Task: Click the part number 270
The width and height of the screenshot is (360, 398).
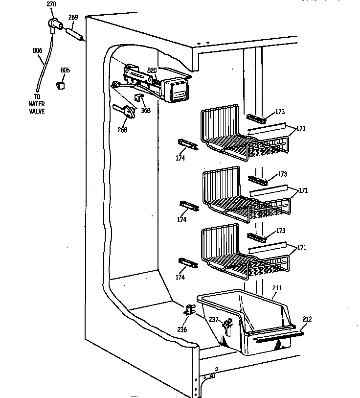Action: coord(51,4)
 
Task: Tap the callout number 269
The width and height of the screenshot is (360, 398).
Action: coord(72,18)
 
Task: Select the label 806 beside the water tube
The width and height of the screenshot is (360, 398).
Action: coord(37,50)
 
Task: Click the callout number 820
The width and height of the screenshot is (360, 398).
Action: coord(152,70)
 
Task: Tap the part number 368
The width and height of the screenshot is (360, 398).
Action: coord(146,110)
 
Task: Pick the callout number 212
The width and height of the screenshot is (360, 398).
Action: coord(307,319)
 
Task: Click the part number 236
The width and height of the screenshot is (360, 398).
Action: coord(182,329)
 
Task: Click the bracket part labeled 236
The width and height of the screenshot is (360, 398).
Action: coord(189,310)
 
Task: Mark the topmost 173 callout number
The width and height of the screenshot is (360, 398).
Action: coord(279,112)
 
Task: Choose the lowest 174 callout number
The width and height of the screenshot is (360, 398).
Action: coord(180,277)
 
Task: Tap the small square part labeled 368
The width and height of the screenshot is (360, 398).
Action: coord(139,97)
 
